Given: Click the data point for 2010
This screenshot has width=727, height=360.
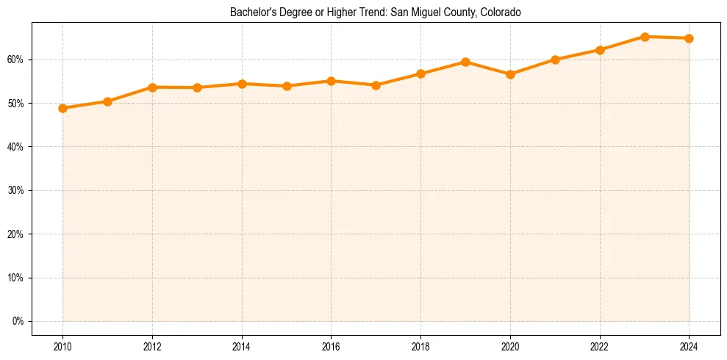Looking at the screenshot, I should tap(62, 108).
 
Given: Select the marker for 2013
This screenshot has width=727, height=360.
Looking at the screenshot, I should tap(197, 87).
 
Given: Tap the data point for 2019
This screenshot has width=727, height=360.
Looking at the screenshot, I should tap(465, 62).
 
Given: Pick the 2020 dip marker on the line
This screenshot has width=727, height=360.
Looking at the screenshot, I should tap(510, 74).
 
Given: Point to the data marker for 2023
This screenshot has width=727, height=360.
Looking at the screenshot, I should tap(645, 37).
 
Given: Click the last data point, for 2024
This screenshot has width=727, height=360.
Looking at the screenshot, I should tap(689, 38).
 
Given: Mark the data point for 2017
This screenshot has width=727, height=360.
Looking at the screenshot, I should tap(376, 85).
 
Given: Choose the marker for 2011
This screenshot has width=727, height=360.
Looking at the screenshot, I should tap(107, 101).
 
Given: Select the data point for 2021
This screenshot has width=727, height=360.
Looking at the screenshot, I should tap(555, 60).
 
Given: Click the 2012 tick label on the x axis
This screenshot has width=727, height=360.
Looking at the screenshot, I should tap(152, 347).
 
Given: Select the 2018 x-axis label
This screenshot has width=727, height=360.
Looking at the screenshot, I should tap(420, 347).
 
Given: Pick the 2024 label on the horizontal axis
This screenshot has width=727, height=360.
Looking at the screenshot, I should tap(689, 347).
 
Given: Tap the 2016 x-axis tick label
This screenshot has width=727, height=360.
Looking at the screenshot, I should tap(331, 347).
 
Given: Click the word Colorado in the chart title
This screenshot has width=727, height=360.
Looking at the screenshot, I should tap(501, 12).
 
